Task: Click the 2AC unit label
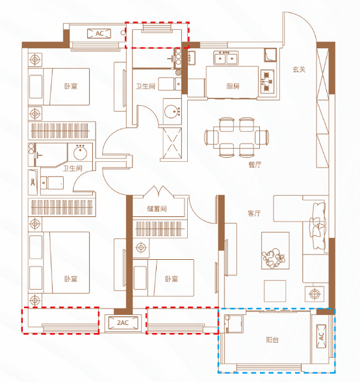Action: click(123, 322)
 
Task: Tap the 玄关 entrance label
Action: click(299, 70)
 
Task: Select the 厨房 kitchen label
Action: click(233, 86)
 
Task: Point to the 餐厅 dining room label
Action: click(255, 165)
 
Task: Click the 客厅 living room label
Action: click(254, 213)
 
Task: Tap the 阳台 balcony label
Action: click(272, 340)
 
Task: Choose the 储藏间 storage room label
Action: click(157, 209)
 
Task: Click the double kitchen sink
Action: click(225, 58)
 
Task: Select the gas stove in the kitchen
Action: click(267, 82)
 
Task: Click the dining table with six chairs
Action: click(237, 137)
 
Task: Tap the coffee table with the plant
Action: click(276, 251)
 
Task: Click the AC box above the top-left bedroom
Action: click(99, 33)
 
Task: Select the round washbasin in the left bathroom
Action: click(80, 152)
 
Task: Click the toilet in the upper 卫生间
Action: click(170, 84)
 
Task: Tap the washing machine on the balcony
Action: click(234, 324)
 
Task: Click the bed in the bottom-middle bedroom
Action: click(163, 278)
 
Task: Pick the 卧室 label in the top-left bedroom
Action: click(71, 86)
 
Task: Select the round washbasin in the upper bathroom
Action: click(172, 112)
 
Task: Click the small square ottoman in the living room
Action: click(275, 291)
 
